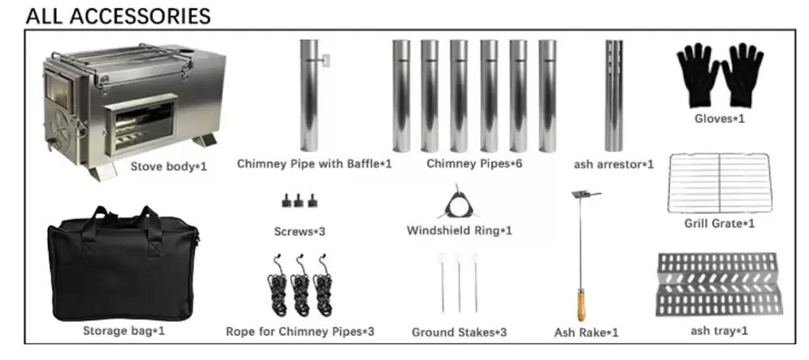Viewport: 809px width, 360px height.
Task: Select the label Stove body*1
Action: tap(170, 167)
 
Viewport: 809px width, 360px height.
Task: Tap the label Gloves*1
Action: tap(720, 119)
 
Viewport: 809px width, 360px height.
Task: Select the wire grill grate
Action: tap(719, 182)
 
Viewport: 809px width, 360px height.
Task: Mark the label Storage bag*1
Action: tap(124, 331)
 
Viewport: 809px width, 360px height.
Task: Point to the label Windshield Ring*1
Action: tap(459, 231)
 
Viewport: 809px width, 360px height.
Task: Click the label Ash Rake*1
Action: tap(587, 332)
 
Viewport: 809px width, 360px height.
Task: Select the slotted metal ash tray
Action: tap(719, 284)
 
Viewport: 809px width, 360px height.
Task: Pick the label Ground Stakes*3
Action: tap(459, 332)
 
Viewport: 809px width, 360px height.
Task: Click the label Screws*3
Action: tap(299, 231)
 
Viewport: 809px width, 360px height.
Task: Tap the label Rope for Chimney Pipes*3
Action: tap(300, 332)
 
